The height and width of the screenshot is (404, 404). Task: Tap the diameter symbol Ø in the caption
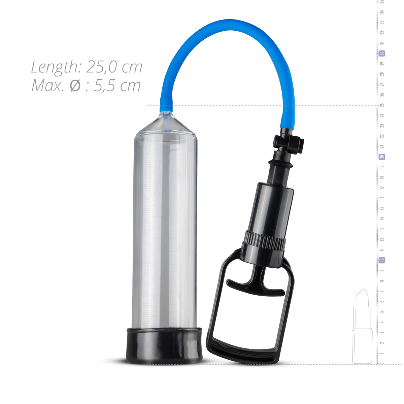point(75,86)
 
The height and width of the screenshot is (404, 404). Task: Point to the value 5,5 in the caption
point(105,86)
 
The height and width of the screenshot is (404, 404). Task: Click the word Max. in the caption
point(47,85)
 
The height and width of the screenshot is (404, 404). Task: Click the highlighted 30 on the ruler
point(382,54)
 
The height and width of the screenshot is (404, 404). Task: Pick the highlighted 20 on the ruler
point(382,157)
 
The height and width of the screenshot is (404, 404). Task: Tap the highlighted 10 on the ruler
point(382,260)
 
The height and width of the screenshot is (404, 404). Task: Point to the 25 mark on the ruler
point(382,105)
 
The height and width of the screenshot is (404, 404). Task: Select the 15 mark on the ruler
point(382,209)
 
